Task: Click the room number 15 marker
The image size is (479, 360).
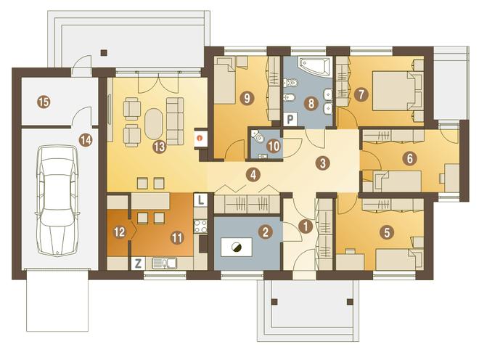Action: point(44,102)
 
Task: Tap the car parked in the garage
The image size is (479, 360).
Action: point(57,201)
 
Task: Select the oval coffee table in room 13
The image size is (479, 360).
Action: point(154,123)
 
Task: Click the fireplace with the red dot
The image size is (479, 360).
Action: point(201,138)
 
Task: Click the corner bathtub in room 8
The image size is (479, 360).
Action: point(316,66)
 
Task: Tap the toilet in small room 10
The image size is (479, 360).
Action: point(258,136)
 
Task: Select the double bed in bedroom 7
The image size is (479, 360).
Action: point(393,91)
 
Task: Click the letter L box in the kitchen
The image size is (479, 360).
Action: point(201,200)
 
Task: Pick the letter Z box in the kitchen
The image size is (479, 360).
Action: point(138,263)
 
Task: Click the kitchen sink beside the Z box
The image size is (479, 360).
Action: point(164,263)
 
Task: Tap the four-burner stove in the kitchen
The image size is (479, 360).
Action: point(201,226)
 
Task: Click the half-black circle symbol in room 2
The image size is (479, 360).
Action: point(236,247)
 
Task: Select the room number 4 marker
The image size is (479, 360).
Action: point(253,175)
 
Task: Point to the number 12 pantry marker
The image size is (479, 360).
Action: point(120,232)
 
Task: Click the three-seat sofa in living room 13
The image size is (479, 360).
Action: point(175,121)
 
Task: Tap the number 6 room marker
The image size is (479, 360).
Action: point(409,158)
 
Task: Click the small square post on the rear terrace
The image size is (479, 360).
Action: point(105,52)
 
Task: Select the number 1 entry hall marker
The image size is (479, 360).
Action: point(306,226)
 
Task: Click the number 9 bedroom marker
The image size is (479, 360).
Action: point(247,98)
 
